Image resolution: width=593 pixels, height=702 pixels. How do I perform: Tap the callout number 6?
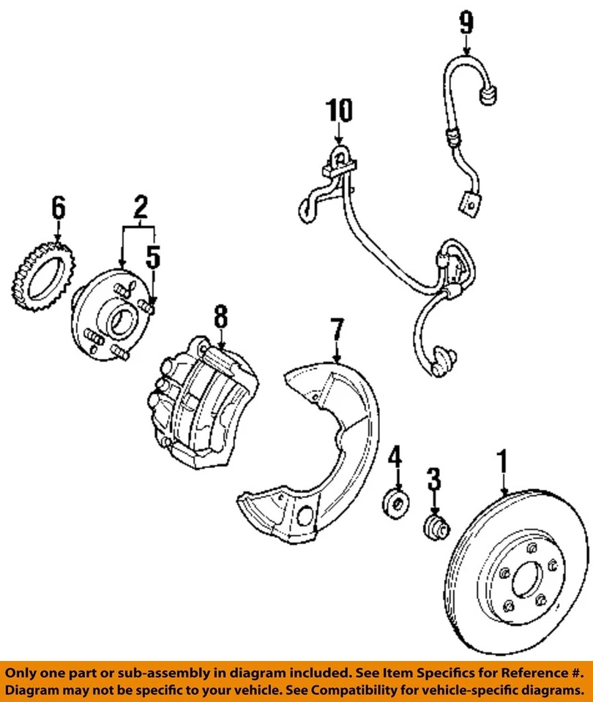tap(58, 208)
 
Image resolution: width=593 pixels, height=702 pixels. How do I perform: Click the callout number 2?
tap(139, 208)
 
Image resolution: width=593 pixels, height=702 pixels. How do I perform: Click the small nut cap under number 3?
tap(437, 524)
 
